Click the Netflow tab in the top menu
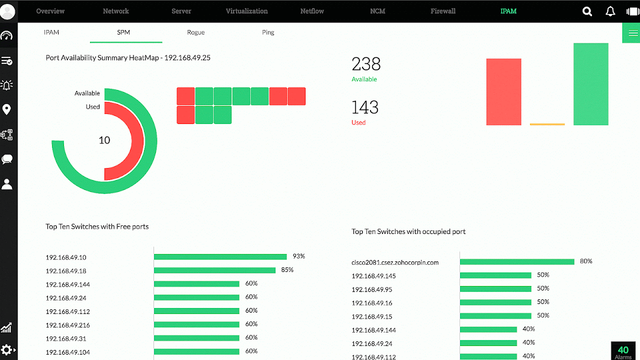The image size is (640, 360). click(x=312, y=11)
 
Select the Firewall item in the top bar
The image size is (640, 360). click(x=443, y=11)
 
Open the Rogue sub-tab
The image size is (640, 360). click(x=195, y=32)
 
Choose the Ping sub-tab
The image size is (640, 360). click(x=268, y=32)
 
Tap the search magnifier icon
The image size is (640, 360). click(x=587, y=11)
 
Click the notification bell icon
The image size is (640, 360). click(x=610, y=11)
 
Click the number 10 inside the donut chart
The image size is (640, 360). click(x=104, y=140)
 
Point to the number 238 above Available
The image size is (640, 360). click(x=366, y=64)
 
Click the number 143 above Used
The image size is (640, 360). click(x=365, y=107)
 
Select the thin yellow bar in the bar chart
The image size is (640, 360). click(x=547, y=124)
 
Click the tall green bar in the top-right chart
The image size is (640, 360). click(x=590, y=84)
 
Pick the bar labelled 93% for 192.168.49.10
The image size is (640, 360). click(x=220, y=256)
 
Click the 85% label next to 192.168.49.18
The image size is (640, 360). click(x=287, y=270)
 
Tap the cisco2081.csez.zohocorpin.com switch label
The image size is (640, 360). click(x=395, y=262)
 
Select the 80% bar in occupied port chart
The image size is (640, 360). click(x=516, y=261)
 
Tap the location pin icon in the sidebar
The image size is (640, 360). click(x=7, y=109)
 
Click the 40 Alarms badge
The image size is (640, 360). click(x=623, y=351)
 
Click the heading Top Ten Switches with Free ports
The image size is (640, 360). click(x=97, y=226)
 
